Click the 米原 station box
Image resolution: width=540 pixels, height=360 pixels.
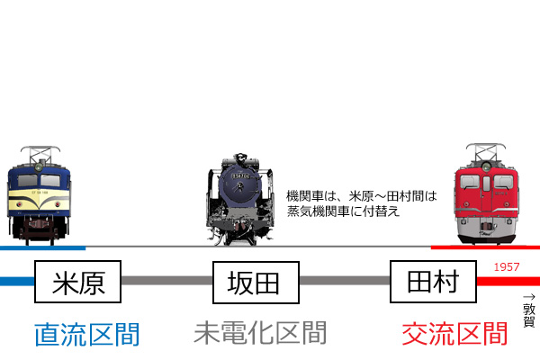coord(77,282)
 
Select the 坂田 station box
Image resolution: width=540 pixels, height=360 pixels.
coord(256,282)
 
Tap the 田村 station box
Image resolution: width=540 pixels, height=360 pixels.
coord(433,282)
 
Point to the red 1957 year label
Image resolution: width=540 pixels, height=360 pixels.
coord(506,267)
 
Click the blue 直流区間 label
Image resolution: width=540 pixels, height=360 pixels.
coord(86,334)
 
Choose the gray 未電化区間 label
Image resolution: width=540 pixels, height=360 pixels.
coord(260,333)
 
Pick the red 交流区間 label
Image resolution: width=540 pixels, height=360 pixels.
coord(454,334)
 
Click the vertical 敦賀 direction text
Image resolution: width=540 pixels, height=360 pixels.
coord(529,315)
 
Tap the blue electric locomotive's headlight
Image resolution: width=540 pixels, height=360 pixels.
coord(39,167)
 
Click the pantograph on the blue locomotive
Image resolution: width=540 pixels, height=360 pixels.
coord(40,154)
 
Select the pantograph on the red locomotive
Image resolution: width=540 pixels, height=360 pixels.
coord(486,152)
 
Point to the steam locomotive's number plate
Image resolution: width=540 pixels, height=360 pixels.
coord(240,176)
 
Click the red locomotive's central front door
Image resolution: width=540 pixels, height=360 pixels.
coord(486,193)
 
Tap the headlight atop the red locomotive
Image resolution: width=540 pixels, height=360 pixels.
coord(486,167)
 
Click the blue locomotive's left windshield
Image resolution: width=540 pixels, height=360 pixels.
coord(28,181)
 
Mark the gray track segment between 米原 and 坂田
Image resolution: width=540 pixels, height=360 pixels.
coord(167,281)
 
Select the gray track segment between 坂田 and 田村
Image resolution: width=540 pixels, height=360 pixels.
coord(345,281)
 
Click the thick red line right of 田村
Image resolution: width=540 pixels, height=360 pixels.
coord(508,281)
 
